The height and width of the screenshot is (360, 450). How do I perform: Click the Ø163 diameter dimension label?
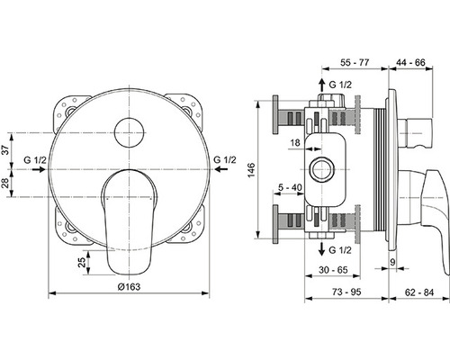[x=129, y=286]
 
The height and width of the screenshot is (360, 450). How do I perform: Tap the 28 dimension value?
[x=5, y=183]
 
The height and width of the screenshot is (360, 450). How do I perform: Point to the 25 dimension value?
[x=82, y=263]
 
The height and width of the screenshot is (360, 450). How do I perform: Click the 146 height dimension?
[x=251, y=169]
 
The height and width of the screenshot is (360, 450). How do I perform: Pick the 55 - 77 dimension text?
[x=355, y=62]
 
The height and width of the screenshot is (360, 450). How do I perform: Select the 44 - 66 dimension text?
[x=410, y=62]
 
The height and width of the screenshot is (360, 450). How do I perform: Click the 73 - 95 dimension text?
[x=347, y=292]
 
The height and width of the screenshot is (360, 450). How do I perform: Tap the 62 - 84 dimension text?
[x=419, y=292]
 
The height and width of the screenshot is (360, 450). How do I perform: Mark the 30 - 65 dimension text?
[x=333, y=270]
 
